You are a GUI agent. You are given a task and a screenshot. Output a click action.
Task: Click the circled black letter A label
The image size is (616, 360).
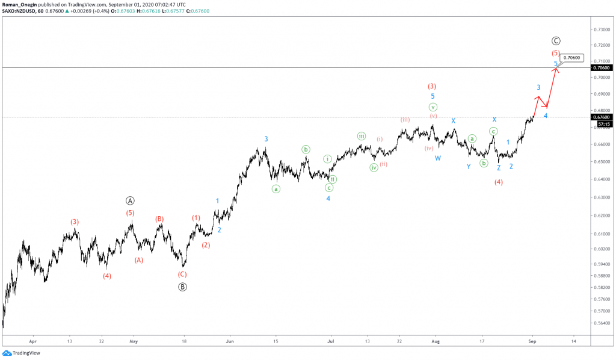point(130,201)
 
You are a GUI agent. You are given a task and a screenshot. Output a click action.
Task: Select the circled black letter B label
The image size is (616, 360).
point(182,287)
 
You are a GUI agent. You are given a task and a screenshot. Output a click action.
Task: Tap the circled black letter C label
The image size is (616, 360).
point(556,41)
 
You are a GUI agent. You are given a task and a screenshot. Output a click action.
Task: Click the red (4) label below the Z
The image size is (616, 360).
point(499,182)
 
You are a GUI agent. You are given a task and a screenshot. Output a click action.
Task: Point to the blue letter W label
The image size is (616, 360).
point(438,158)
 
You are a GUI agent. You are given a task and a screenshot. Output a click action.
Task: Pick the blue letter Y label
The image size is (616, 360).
point(469,167)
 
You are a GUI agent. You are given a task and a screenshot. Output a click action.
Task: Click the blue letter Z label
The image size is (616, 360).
point(499,168)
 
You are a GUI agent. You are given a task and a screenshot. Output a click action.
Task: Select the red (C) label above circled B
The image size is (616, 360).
point(182,275)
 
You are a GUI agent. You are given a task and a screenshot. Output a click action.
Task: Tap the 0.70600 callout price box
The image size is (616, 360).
point(572,58)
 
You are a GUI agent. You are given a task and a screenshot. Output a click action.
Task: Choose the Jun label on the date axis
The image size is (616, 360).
point(229,340)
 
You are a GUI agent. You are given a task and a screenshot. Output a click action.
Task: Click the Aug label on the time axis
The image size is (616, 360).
point(436,340)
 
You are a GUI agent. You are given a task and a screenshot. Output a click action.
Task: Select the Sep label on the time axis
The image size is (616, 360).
point(532,340)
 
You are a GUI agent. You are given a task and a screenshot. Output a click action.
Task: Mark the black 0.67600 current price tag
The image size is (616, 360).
point(602,117)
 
